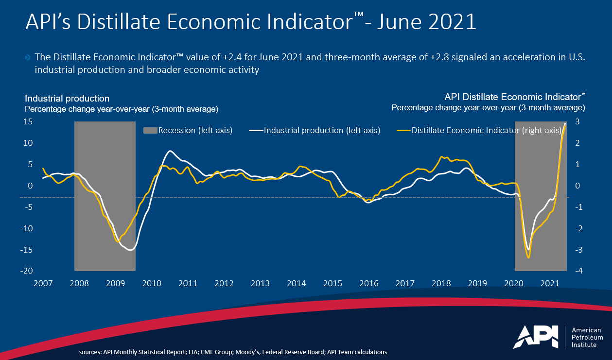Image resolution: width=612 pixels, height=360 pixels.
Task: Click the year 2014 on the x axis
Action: click(297, 283)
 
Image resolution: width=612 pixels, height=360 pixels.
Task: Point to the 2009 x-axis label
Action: click(115, 283)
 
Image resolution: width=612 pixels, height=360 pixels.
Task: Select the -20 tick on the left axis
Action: click(26, 271)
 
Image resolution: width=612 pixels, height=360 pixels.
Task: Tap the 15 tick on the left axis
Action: click(28, 121)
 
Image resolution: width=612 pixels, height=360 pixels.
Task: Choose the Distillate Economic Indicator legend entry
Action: click(486, 130)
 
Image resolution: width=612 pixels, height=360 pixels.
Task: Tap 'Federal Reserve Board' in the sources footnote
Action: click(290, 352)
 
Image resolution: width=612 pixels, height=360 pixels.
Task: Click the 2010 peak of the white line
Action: click(169, 151)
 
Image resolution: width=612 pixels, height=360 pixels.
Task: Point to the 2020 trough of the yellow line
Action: click(529, 257)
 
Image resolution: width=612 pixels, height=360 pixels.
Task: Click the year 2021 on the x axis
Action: click(550, 283)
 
